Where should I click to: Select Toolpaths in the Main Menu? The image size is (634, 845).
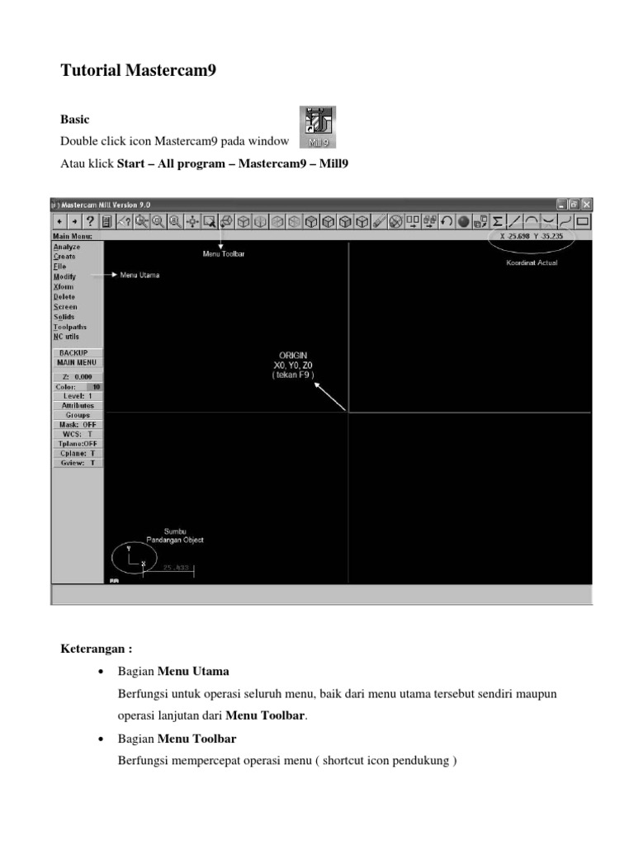(69, 327)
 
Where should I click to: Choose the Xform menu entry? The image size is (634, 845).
(63, 286)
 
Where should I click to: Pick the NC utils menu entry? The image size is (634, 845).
(66, 337)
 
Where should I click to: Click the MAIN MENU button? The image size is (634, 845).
(77, 362)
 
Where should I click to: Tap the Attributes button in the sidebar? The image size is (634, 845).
(77, 405)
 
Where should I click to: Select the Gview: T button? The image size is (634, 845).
(77, 463)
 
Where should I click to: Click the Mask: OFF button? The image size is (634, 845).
(77, 424)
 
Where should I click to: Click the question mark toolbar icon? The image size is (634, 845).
(90, 221)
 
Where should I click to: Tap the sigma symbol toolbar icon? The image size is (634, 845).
(497, 221)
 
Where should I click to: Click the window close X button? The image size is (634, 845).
(586, 204)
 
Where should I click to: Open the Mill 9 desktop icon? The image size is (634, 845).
(317, 125)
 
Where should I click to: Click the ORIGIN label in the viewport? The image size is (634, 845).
(293, 355)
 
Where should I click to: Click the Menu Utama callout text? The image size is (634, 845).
(140, 276)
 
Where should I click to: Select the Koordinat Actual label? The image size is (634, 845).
(532, 263)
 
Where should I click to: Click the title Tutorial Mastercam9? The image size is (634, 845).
(138, 71)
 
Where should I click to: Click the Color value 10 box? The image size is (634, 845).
(94, 386)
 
